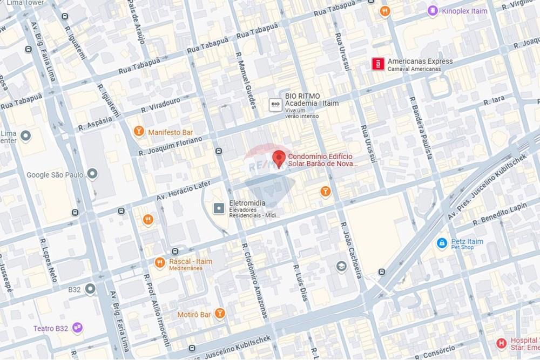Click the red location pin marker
[x=279, y=158]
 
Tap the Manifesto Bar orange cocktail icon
[x=139, y=131]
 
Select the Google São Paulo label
[x=57, y=175]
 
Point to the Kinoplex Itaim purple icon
[x=432, y=10]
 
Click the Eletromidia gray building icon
[x=219, y=208]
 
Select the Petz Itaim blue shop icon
[x=442, y=244]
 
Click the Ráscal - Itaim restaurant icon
[x=159, y=263]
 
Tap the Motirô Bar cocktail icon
[x=219, y=313]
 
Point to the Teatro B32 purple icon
[x=78, y=328]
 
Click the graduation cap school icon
[x=341, y=266]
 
